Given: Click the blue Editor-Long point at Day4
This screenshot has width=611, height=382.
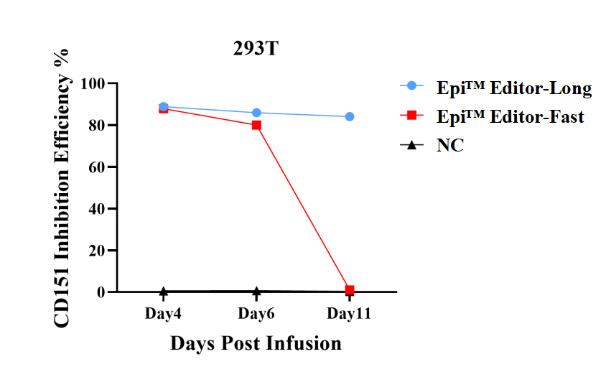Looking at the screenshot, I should click(164, 106).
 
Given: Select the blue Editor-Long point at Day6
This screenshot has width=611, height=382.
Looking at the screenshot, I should click(256, 113).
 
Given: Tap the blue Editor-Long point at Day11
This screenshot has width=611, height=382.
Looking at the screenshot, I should click(350, 116).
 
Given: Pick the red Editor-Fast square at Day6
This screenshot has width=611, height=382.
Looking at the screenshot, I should click(256, 125).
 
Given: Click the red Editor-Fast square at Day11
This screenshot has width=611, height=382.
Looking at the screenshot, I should click(350, 290).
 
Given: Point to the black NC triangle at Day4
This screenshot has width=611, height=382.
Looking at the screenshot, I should click(164, 292).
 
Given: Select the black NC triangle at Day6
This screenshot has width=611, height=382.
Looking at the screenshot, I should click(256, 292).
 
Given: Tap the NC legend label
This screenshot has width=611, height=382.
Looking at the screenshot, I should click(450, 145).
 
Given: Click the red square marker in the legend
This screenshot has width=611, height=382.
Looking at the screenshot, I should click(411, 116).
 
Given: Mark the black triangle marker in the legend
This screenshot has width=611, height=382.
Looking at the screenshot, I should click(411, 145).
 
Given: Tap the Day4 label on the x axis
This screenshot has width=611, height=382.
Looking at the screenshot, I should click(163, 314).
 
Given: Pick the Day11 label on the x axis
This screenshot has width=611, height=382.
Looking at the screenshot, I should click(349, 314).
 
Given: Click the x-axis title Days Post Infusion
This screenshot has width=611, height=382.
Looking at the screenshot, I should click(256, 343).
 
